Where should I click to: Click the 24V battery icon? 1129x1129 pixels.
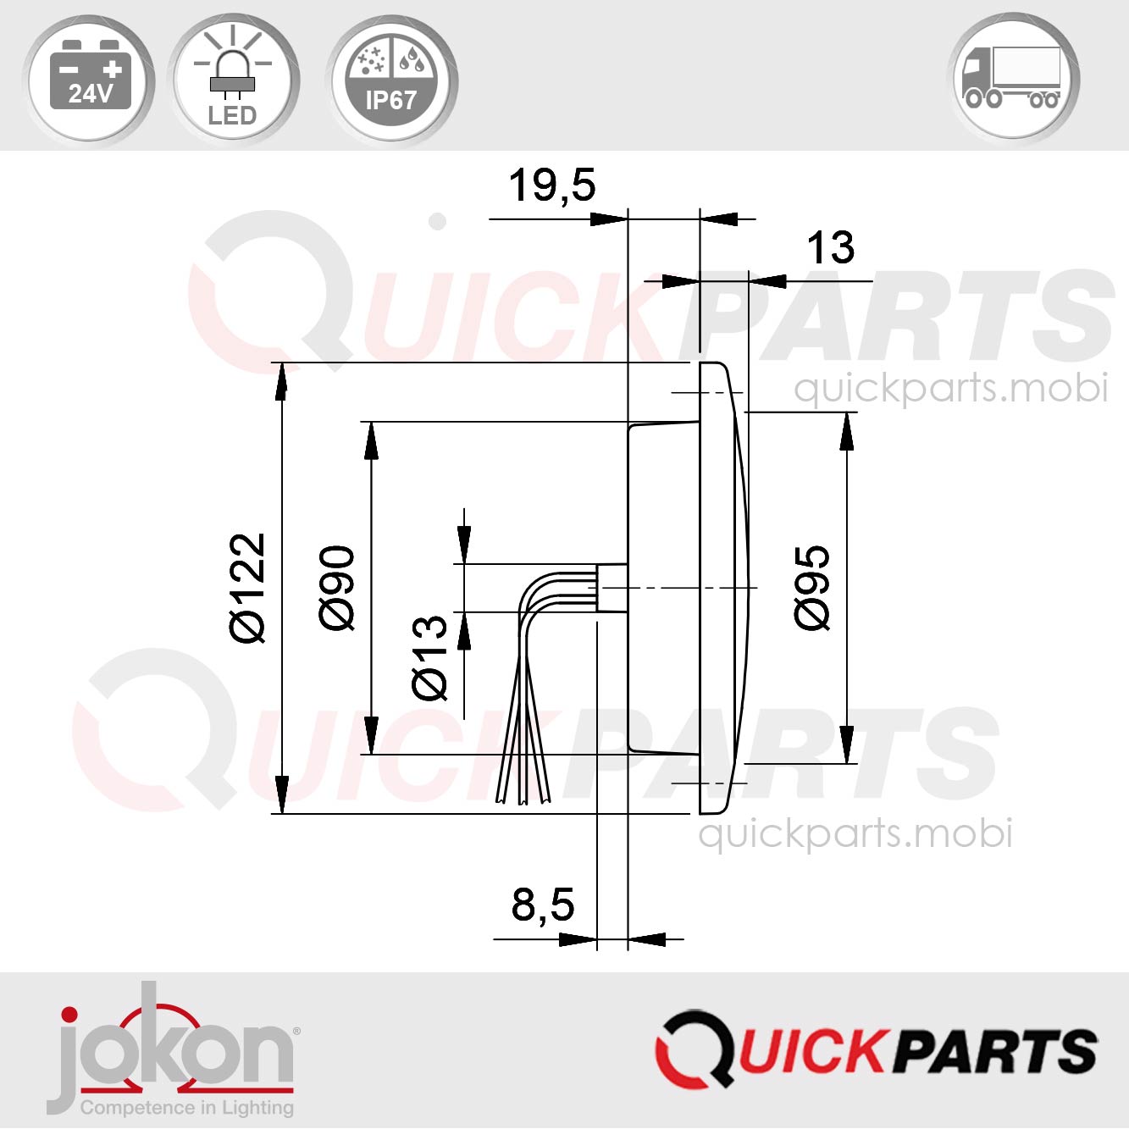[89, 79]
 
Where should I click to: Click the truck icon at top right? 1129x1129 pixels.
[1013, 78]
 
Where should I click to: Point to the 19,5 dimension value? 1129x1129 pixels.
[551, 185]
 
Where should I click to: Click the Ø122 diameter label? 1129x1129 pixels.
[248, 588]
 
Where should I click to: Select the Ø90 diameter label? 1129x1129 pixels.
[337, 588]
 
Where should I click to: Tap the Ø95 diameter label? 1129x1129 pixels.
[812, 588]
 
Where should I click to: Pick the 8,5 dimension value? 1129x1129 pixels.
[542, 904]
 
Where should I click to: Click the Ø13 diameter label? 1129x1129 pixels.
[429, 657]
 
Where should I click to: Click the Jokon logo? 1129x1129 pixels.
[174, 1050]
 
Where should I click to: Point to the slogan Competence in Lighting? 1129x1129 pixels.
[186, 1108]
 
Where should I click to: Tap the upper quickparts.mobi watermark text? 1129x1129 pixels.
[950, 388]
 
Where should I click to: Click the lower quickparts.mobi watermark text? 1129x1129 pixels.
[855, 833]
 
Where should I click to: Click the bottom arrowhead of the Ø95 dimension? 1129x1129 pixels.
[846, 744]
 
